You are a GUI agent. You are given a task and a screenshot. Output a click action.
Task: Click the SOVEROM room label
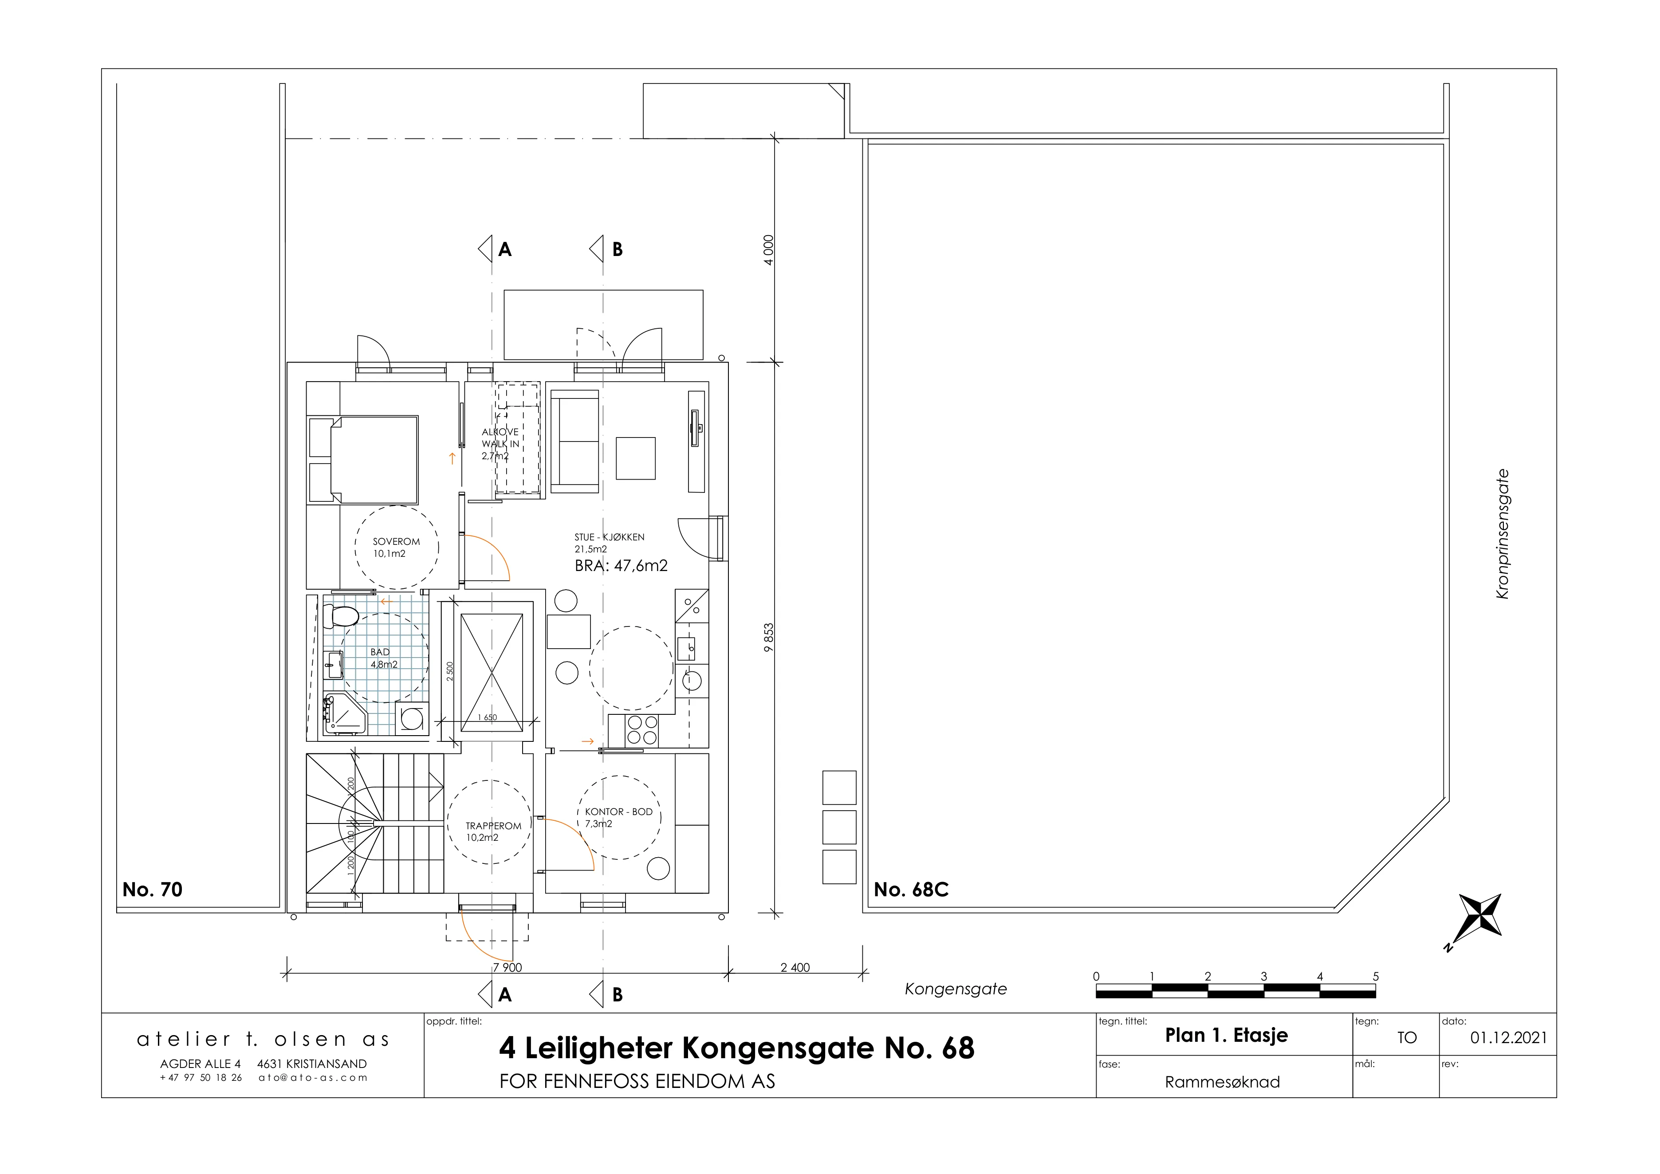coord(396,541)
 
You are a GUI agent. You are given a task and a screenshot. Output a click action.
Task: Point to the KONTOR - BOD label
coord(619,812)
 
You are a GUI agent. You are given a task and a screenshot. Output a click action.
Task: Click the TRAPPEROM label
coord(493,826)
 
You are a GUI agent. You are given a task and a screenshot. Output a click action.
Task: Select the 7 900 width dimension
coord(507,967)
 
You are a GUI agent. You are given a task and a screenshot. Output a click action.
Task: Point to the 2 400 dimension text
coord(795,967)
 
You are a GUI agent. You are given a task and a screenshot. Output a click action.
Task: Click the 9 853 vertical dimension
coord(768,638)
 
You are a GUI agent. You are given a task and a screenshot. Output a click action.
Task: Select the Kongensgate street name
coord(956,989)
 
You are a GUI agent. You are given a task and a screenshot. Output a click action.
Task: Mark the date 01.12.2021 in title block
coord(1509,1038)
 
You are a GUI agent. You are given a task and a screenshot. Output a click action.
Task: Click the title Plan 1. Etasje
coord(1226,1035)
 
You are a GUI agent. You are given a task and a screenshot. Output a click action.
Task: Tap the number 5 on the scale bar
coord(1376,976)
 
